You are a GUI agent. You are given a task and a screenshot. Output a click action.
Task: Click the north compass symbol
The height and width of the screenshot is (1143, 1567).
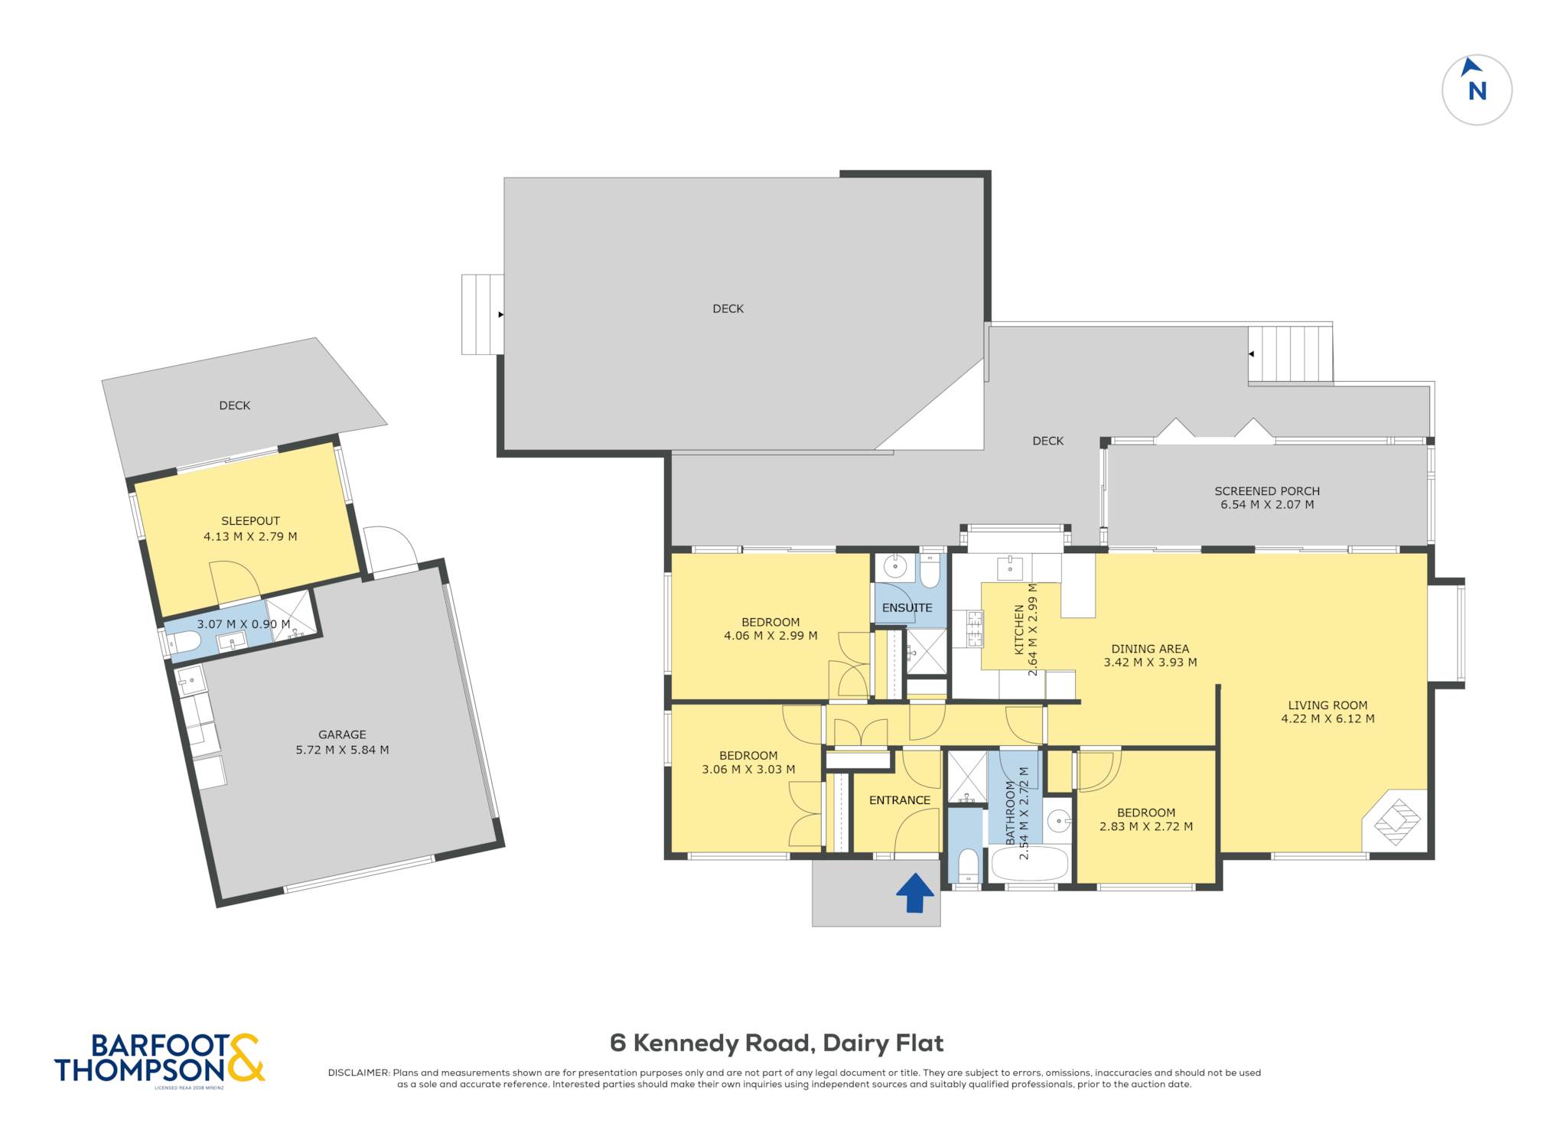click(x=1476, y=90)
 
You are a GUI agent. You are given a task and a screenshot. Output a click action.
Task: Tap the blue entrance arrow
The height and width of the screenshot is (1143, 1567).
click(x=915, y=893)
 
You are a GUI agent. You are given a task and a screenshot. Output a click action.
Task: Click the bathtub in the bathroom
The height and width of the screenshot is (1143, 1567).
click(x=1030, y=865)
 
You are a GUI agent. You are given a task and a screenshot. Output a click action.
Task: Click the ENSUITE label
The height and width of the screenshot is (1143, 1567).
click(x=907, y=608)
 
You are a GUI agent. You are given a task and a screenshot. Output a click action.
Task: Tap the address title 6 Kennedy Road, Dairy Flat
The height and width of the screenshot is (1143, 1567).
click(x=777, y=1043)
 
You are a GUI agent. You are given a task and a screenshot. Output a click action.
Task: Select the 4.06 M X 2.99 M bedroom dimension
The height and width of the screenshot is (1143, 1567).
click(x=770, y=636)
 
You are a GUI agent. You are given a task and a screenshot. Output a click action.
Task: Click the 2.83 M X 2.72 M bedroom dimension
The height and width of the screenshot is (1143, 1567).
click(x=1146, y=826)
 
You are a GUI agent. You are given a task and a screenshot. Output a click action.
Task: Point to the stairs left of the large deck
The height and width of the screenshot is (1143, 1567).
click(x=482, y=314)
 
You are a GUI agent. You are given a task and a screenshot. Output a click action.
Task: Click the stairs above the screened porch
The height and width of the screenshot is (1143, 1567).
click(x=1290, y=354)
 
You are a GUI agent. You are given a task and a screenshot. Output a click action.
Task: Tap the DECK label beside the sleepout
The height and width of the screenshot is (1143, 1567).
click(x=235, y=405)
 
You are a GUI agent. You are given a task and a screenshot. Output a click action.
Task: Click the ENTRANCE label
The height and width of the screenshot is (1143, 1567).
click(x=900, y=800)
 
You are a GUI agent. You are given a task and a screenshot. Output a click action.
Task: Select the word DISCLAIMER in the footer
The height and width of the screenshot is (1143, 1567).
click(x=358, y=1073)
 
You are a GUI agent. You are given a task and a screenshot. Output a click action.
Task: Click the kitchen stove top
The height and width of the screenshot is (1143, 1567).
click(x=974, y=628)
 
